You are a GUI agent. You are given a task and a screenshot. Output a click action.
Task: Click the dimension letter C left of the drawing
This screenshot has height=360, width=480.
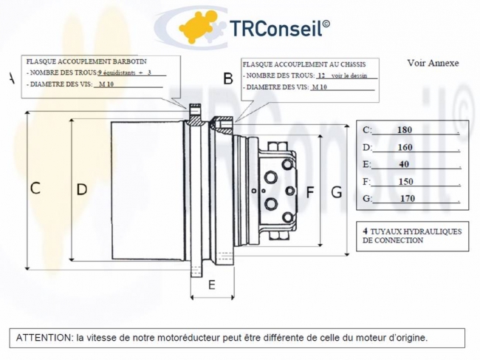point(35,188)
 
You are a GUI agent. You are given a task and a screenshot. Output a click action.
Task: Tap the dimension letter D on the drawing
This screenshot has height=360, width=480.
point(81,189)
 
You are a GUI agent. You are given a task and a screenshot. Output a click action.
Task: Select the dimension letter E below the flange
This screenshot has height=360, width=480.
point(210,285)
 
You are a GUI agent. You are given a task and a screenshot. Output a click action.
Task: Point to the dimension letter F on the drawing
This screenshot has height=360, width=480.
point(310,192)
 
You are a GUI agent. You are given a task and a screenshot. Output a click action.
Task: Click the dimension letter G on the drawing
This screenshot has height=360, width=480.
point(336,192)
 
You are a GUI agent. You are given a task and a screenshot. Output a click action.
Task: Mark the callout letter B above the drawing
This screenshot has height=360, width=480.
point(228,78)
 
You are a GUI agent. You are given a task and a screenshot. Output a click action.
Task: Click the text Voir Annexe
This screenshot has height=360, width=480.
point(433,63)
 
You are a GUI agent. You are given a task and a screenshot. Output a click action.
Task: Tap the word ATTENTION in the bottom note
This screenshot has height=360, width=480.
point(44,338)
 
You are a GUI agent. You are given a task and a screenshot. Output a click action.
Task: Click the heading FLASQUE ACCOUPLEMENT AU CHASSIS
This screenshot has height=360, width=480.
point(309,64)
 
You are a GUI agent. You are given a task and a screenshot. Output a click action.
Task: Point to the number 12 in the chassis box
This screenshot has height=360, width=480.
point(320,75)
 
